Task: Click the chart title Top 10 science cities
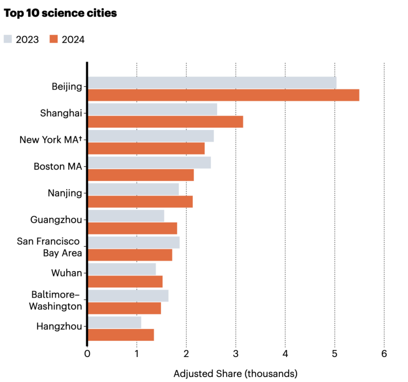(60, 13)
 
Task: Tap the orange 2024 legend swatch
(54, 39)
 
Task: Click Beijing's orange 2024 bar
(223, 95)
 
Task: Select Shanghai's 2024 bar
(165, 122)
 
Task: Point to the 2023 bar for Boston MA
(149, 162)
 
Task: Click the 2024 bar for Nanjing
(140, 202)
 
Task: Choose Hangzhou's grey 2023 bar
(115, 322)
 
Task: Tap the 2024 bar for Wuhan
(125, 281)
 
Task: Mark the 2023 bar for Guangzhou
(126, 216)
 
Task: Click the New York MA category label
(51, 140)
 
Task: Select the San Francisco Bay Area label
(49, 247)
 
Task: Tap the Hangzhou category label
(59, 326)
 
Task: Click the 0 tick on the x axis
(87, 354)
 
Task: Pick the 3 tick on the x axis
(236, 354)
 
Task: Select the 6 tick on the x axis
(384, 354)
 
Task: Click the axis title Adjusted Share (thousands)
(236, 373)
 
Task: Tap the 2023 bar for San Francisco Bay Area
(134, 242)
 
